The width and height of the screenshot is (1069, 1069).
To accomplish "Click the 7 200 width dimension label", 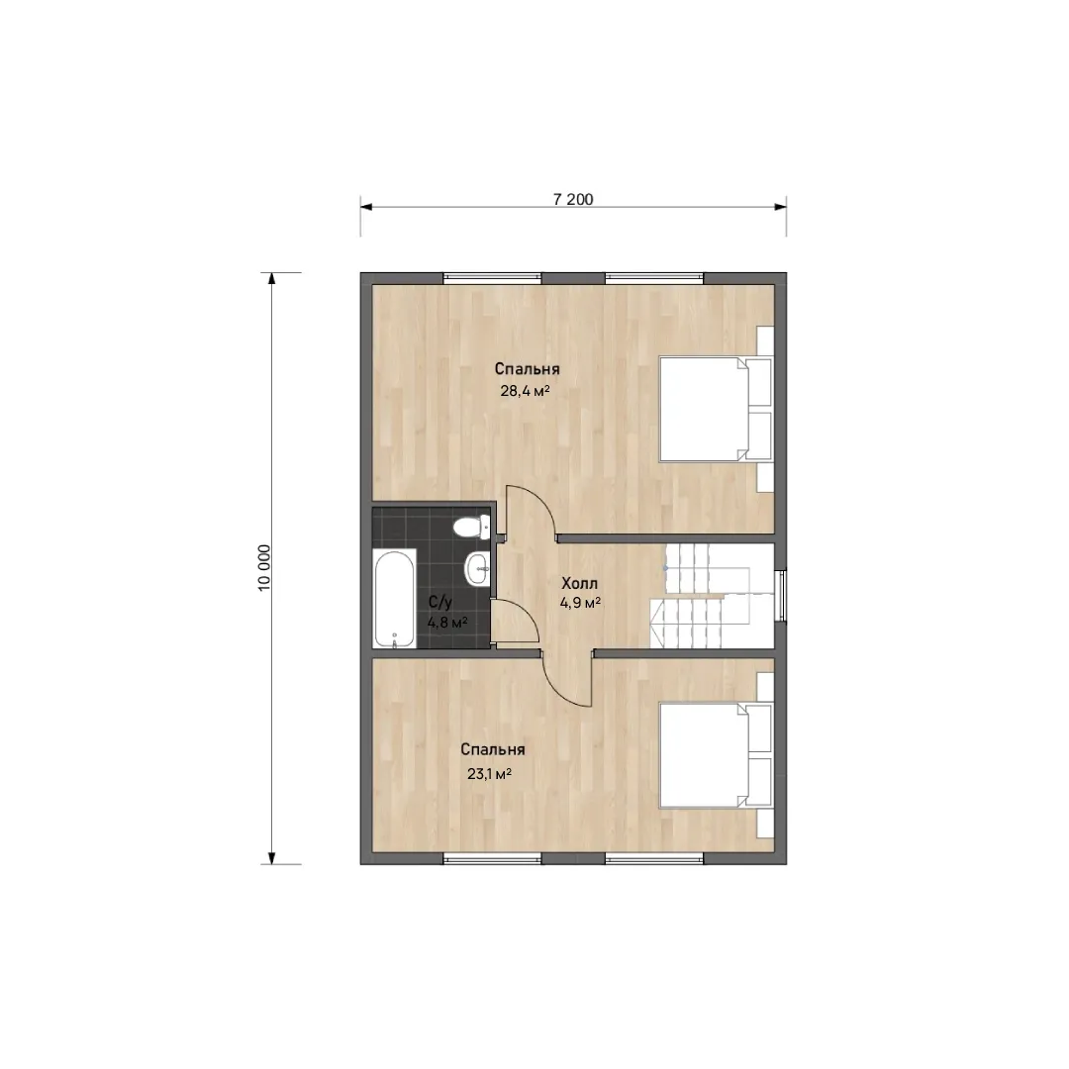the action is (573, 199).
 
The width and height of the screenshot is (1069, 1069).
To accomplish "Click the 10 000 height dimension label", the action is (264, 567).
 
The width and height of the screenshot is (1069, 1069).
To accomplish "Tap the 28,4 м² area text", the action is (525, 391).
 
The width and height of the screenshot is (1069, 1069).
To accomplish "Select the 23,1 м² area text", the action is (490, 774).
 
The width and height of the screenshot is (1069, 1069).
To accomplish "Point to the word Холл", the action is (579, 584).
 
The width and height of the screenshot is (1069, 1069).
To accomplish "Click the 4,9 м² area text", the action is (580, 603).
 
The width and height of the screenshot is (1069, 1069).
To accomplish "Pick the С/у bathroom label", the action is (440, 603).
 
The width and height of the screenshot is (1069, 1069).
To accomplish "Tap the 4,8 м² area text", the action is (447, 623).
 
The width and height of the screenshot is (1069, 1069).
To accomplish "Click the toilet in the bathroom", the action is (472, 527).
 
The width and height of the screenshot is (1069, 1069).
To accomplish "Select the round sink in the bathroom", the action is (476, 566).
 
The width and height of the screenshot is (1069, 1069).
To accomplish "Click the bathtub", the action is (395, 598).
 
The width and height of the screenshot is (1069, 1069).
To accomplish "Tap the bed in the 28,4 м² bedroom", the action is (716, 409).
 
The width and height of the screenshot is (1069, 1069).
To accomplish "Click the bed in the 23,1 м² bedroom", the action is (716, 755).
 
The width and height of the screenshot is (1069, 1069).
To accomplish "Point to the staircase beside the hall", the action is (713, 596).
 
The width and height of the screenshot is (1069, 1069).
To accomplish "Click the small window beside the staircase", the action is (783, 596).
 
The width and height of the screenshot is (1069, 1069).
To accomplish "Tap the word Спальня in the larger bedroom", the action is (527, 369).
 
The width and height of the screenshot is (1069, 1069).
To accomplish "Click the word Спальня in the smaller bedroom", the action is (492, 749).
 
